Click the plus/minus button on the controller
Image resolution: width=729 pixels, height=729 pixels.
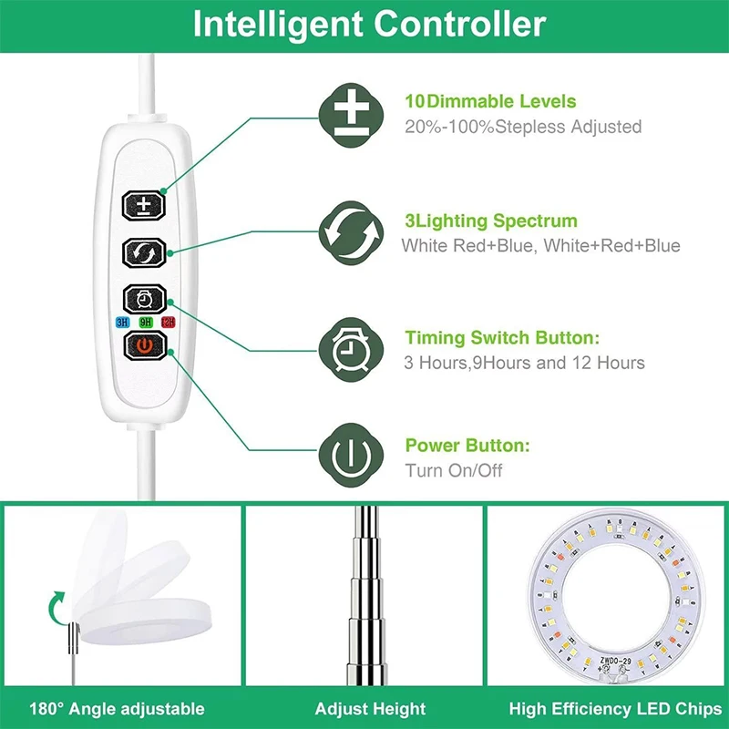[146, 204]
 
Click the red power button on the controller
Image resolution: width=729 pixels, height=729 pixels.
[146, 346]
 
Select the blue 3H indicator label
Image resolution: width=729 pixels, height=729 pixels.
[122, 321]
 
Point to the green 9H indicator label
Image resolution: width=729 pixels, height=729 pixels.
[145, 321]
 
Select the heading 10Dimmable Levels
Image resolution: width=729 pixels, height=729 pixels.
[490, 102]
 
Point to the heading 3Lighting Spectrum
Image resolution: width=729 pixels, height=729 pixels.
[490, 221]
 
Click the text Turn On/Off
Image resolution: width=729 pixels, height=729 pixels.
[453, 471]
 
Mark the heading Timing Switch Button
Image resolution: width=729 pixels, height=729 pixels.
[502, 337]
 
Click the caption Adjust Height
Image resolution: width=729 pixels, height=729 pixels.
[370, 708]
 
